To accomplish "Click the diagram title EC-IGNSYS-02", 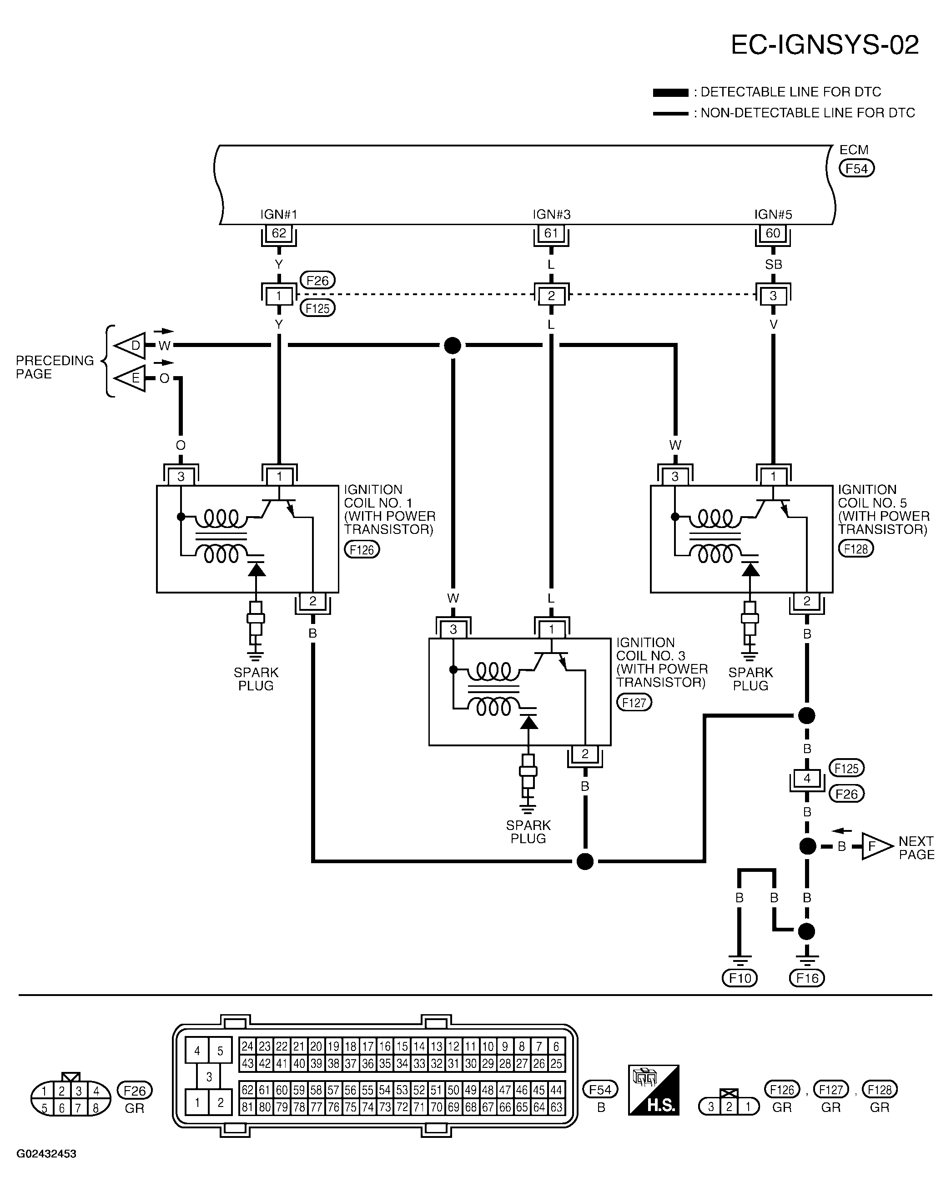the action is pyautogui.click(x=825, y=45).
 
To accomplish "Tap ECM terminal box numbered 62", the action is pyautogui.click(x=279, y=233).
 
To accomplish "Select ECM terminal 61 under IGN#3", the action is pyautogui.click(x=551, y=233).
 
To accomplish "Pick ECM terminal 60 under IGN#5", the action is pyautogui.click(x=773, y=233).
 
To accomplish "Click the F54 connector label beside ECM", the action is pyautogui.click(x=856, y=169).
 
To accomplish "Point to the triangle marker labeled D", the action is pyautogui.click(x=130, y=346).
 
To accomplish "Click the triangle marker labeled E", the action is pyautogui.click(x=130, y=379).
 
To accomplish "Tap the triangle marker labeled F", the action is pyautogui.click(x=877, y=846).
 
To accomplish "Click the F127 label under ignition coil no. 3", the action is pyautogui.click(x=634, y=702).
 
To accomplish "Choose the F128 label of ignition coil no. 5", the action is pyautogui.click(x=856, y=548).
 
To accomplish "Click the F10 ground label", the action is pyautogui.click(x=740, y=978).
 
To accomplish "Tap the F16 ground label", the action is pyautogui.click(x=807, y=978).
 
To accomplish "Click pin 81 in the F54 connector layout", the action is pyautogui.click(x=247, y=1107).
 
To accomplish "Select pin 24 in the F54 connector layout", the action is pyautogui.click(x=247, y=1046).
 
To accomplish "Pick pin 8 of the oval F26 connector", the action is pyautogui.click(x=96, y=1108).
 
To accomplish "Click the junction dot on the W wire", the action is pyautogui.click(x=452, y=346).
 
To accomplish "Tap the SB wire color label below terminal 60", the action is pyautogui.click(x=773, y=264).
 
